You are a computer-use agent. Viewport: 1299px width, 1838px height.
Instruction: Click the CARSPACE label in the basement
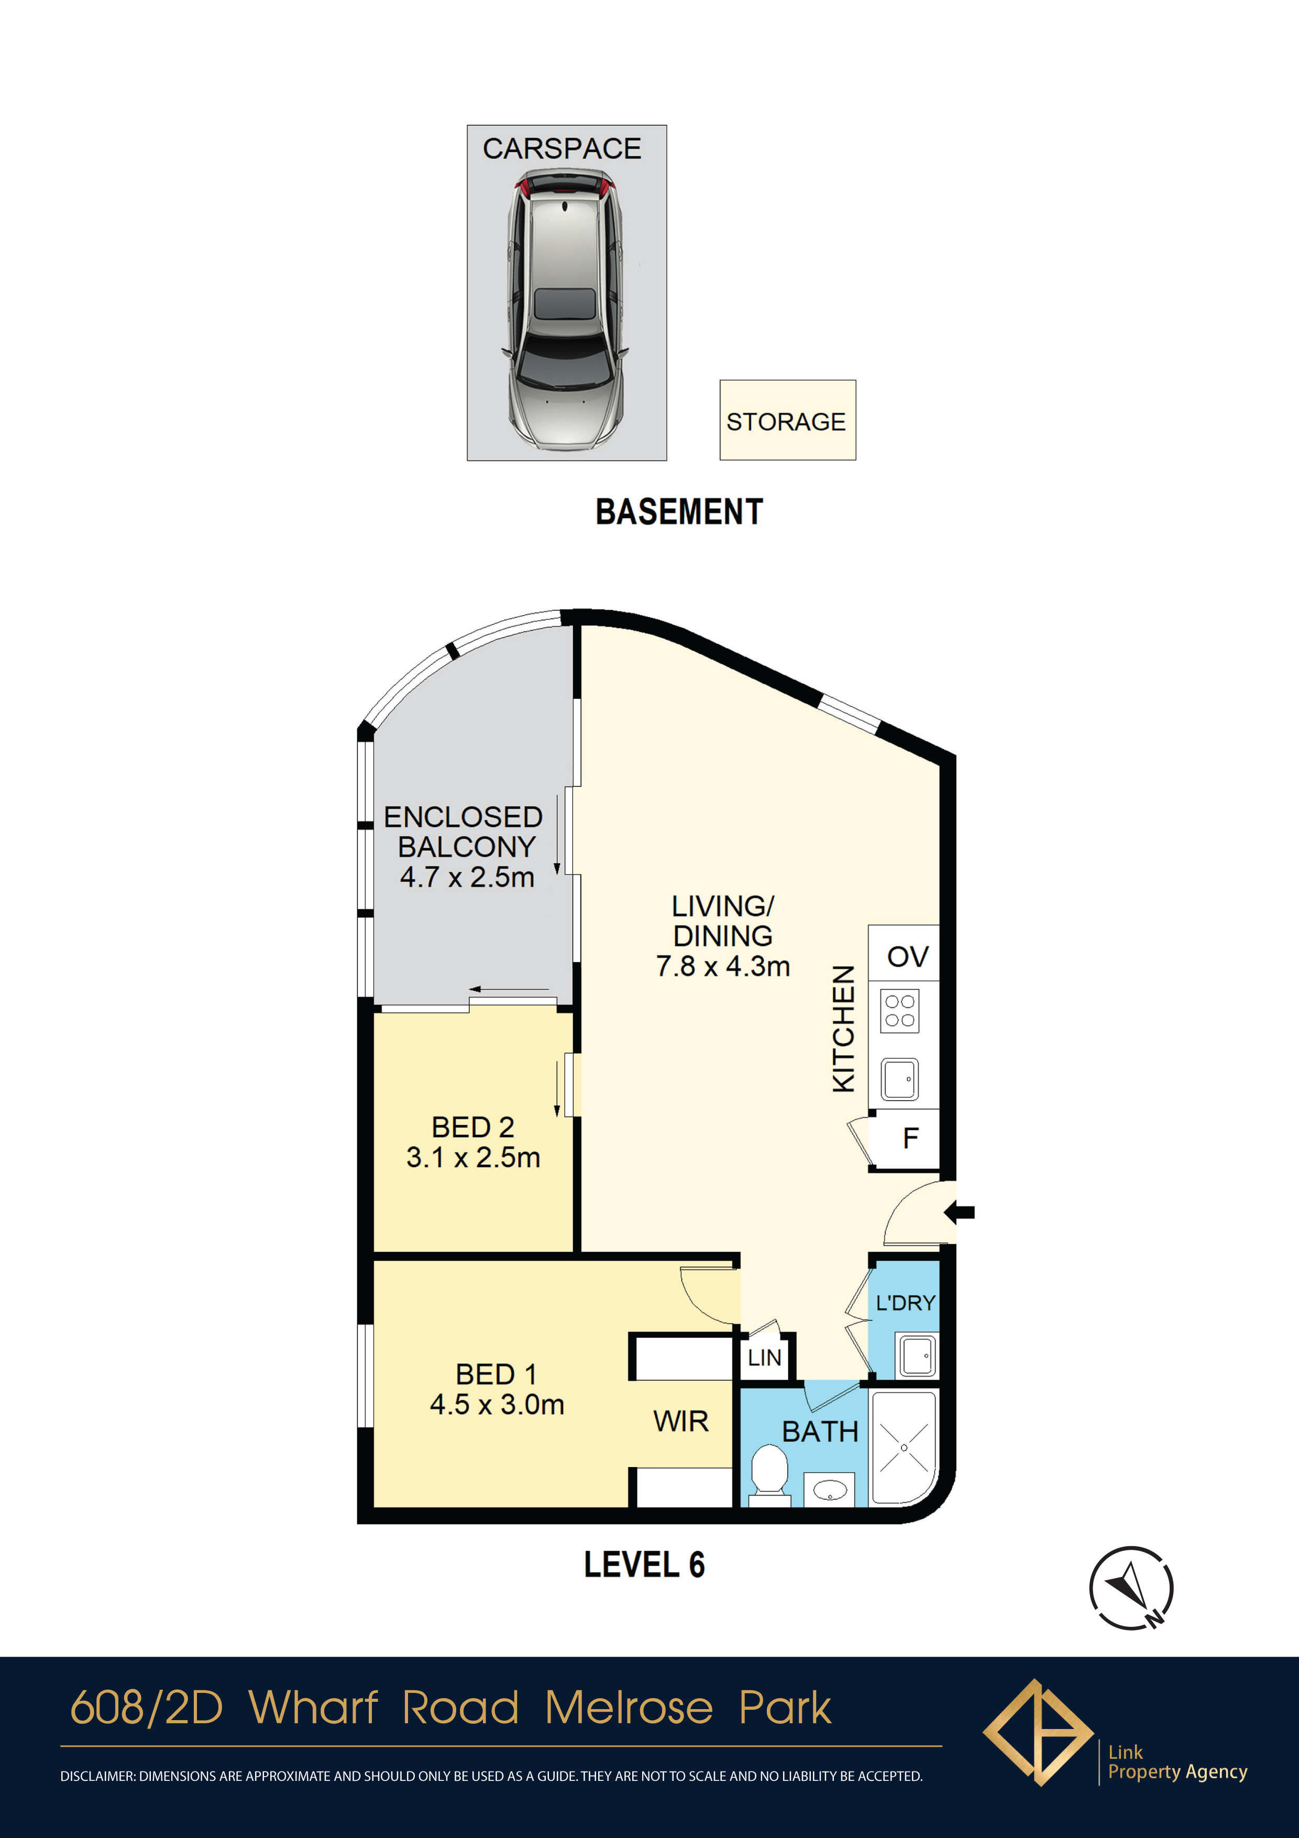[x=562, y=148]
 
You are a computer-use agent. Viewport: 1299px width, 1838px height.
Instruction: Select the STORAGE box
[x=788, y=420]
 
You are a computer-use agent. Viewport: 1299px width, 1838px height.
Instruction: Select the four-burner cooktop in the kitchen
[x=900, y=1011]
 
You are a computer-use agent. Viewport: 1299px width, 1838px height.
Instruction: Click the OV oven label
[x=908, y=956]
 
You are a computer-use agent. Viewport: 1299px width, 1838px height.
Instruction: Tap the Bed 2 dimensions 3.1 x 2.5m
[x=473, y=1157]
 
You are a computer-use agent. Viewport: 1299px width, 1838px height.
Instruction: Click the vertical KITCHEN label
[x=844, y=1029]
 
